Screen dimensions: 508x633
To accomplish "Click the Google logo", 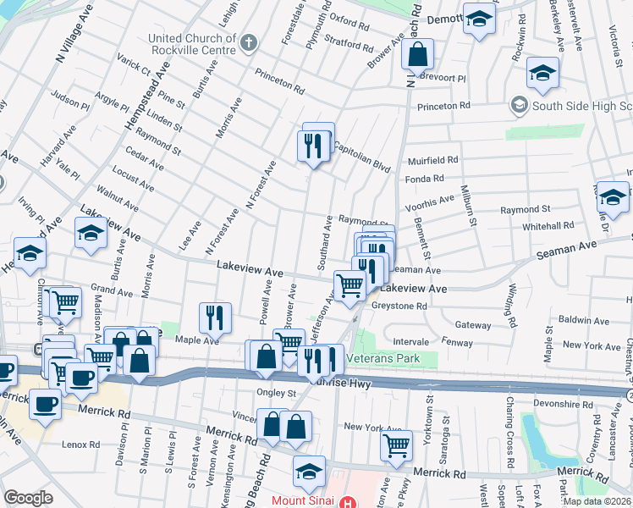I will point(28,498).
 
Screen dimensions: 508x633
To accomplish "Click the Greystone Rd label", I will point(399,306).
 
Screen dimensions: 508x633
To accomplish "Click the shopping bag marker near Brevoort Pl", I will point(417,56).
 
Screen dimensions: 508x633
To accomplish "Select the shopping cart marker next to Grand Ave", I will point(65,301).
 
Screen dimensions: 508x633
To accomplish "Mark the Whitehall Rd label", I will point(548,226).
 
